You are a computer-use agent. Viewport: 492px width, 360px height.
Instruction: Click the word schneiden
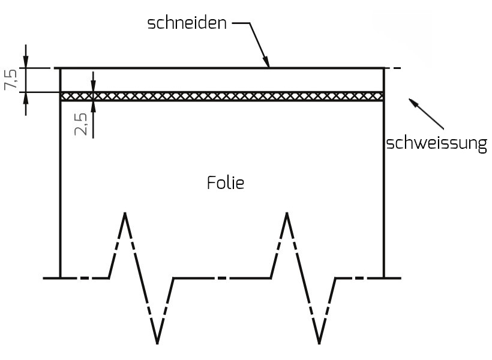pyautogui.click(x=188, y=24)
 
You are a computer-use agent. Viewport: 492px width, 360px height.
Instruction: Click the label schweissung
pyautogui.click(x=436, y=144)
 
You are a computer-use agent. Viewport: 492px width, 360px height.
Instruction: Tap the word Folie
pyautogui.click(x=226, y=182)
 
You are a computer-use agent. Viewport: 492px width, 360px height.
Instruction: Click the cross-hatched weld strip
pyautogui.click(x=222, y=96)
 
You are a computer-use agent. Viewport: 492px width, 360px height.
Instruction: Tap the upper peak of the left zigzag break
pyautogui.click(x=125, y=214)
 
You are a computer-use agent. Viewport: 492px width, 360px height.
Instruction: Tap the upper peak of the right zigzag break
pyautogui.click(x=287, y=214)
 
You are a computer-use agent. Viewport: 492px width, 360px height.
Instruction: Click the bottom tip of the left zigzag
pyautogui.click(x=157, y=343)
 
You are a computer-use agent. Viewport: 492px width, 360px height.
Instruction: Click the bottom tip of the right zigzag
pyautogui.click(x=319, y=343)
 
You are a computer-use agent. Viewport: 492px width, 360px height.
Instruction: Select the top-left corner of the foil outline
pyautogui.click(x=61, y=68)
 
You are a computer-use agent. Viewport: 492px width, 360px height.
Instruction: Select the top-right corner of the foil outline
pyautogui.click(x=383, y=68)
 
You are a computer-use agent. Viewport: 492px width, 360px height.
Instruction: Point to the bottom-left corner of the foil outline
pyautogui.click(x=61, y=278)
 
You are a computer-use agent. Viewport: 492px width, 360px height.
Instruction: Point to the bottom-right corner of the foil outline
pyautogui.click(x=383, y=278)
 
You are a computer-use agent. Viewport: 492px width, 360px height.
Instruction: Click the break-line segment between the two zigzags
pyautogui.click(x=222, y=278)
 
